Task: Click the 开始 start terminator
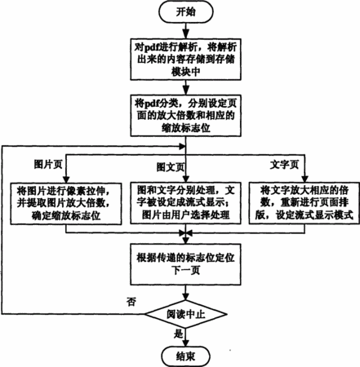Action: (186, 12)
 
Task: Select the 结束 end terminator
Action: (186, 356)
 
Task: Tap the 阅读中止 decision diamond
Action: (186, 315)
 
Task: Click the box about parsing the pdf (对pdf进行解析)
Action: (186, 60)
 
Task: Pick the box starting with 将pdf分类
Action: (186, 116)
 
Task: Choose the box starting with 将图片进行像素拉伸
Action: (66, 203)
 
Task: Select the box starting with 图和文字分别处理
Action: (186, 203)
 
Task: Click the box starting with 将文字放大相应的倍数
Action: (304, 203)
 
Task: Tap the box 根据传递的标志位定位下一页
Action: (186, 264)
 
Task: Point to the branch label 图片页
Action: (48, 165)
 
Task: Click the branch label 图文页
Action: (171, 167)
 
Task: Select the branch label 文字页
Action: (284, 165)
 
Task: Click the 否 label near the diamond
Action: (131, 302)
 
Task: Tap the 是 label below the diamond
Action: (179, 334)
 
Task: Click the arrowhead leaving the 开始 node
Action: (186, 34)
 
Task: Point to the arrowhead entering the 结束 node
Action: (186, 342)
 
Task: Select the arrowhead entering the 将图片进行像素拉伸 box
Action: (66, 179)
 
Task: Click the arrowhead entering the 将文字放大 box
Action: (304, 179)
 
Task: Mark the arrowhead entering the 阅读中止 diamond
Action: (186, 296)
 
